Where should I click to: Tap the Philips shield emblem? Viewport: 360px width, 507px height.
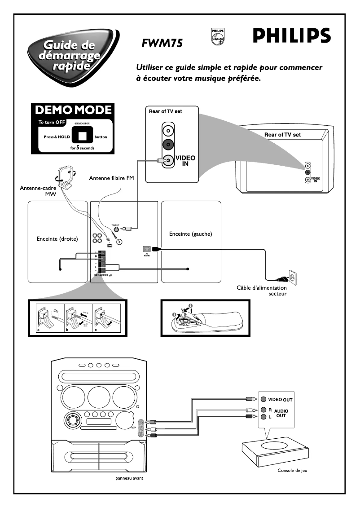pos(217,36)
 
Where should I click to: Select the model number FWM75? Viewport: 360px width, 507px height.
pos(162,44)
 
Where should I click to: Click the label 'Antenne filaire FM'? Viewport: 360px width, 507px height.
pos(111,178)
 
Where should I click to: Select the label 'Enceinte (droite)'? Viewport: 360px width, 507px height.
pos(57,239)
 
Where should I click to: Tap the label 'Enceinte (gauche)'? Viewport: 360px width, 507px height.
pos(190,234)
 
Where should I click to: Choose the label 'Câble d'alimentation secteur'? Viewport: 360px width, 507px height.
pos(261,291)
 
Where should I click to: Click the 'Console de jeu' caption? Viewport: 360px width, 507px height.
pos(292,471)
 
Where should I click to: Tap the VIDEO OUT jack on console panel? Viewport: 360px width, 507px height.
pos(263,399)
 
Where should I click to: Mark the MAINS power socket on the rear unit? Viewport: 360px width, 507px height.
pos(146,249)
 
